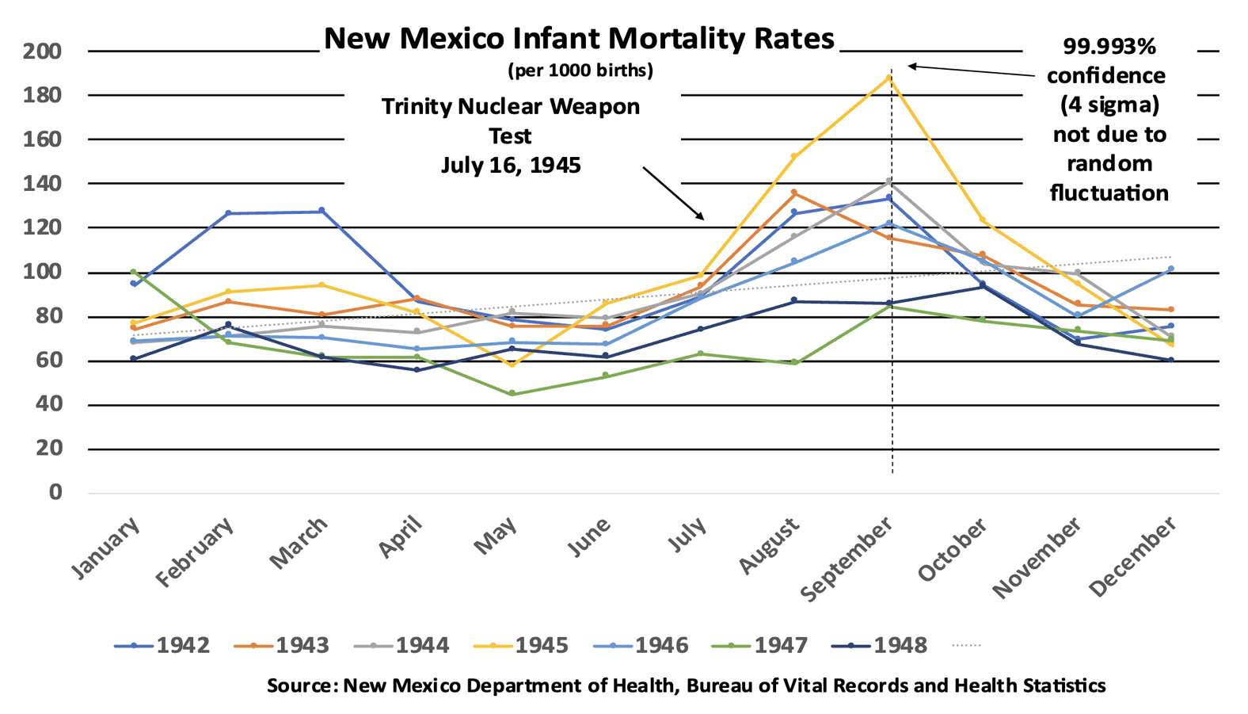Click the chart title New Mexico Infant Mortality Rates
point(579,38)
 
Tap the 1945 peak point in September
point(889,78)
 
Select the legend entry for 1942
point(162,645)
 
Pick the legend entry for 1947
point(760,645)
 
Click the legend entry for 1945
point(521,645)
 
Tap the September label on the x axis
point(847,559)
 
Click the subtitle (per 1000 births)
point(580,71)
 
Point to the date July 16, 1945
point(511,165)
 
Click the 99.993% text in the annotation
point(1109,47)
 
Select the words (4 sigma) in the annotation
point(1109,105)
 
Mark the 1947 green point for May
point(512,394)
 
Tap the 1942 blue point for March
point(322,211)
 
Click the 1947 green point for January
point(133,272)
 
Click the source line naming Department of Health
point(686,685)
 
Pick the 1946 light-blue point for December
point(1171,269)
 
